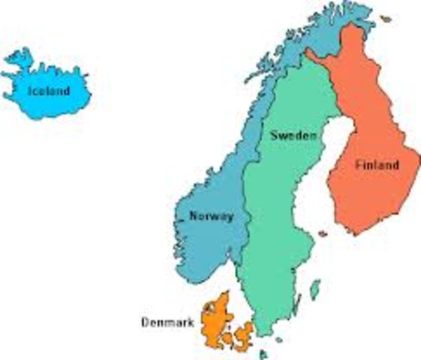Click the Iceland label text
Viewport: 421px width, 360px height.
(x=49, y=91)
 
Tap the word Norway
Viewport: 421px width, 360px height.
(x=211, y=216)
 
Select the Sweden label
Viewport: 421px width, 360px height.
(x=292, y=136)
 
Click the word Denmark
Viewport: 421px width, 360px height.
(x=167, y=323)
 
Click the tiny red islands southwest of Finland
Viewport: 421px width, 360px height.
(x=323, y=234)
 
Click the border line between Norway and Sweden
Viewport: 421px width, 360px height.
(x=248, y=195)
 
